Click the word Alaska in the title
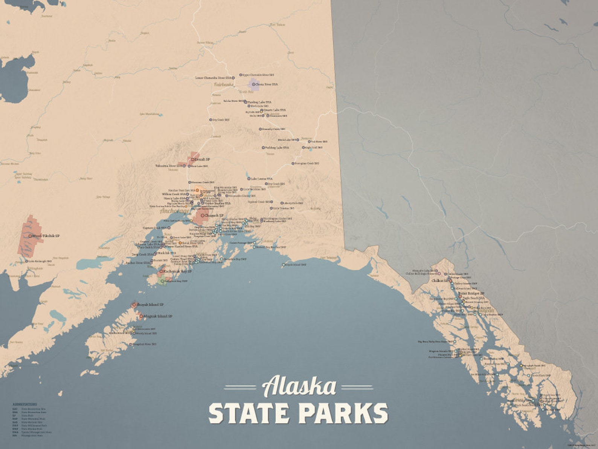click(x=299, y=386)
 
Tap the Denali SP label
click(x=202, y=159)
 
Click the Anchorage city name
click(x=175, y=211)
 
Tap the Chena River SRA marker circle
click(x=253, y=84)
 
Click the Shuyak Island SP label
click(x=150, y=305)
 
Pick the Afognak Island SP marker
click(x=141, y=316)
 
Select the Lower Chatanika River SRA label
click(x=213, y=78)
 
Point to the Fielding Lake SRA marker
click(x=263, y=148)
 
